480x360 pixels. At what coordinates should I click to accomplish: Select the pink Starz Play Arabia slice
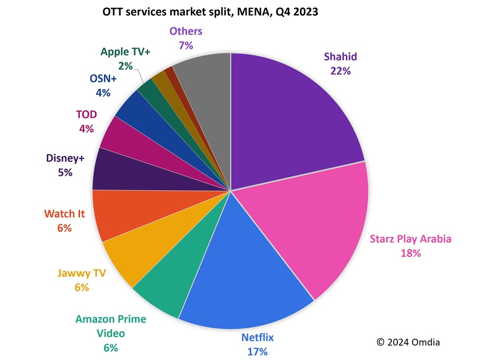click(315, 227)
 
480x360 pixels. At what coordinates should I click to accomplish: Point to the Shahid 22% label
click(340, 64)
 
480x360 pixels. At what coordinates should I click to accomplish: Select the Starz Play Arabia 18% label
click(410, 246)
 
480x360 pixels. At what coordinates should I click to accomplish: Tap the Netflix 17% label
click(257, 344)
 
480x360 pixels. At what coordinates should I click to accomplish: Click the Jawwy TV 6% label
click(82, 280)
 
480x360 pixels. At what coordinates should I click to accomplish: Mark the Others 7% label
click(186, 38)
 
